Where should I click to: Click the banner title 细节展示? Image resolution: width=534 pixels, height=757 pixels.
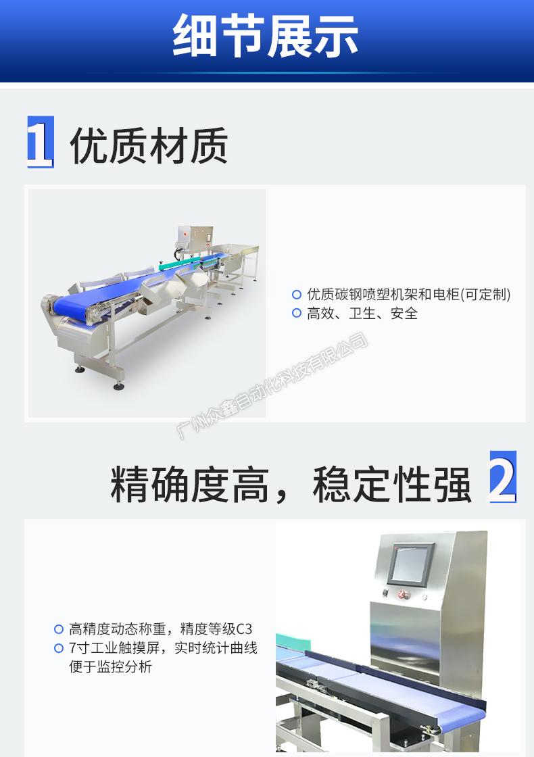click(x=266, y=36)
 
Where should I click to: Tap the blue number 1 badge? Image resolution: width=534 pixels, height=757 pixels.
click(x=40, y=142)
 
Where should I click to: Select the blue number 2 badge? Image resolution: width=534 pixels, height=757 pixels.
click(x=503, y=477)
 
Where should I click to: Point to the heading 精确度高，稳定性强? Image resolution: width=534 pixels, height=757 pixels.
click(x=291, y=485)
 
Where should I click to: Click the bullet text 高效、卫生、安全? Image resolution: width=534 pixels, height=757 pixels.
click(x=362, y=314)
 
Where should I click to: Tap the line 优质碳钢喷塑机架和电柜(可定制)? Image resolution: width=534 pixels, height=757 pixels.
click(x=409, y=294)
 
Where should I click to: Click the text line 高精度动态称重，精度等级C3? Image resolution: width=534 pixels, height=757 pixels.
click(x=161, y=629)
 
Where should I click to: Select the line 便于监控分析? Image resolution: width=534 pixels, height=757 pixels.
click(x=111, y=666)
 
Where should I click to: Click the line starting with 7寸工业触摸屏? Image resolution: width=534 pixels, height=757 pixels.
click(x=163, y=648)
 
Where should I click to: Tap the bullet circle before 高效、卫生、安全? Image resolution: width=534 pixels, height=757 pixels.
click(x=297, y=314)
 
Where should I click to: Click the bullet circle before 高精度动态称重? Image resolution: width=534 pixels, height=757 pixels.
click(x=59, y=629)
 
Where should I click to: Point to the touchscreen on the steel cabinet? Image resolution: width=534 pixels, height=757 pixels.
click(x=412, y=564)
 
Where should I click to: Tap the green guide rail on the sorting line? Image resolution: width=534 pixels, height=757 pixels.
click(x=178, y=263)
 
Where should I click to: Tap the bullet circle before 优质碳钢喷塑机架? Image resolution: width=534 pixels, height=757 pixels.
click(x=297, y=294)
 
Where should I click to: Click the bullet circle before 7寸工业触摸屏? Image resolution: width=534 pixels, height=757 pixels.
click(x=59, y=648)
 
